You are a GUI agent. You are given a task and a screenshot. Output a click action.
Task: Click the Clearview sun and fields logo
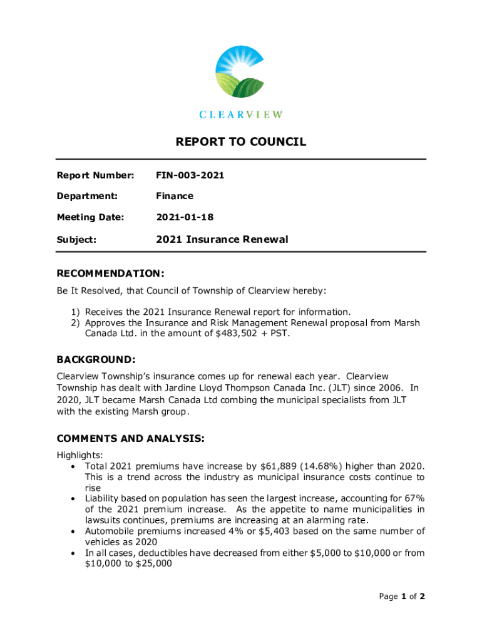point(241,71)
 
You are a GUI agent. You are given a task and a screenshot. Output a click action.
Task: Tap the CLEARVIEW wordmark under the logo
point(241,115)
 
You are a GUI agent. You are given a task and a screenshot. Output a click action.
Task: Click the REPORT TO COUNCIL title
point(241,142)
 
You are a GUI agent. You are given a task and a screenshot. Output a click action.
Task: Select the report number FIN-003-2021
point(190,175)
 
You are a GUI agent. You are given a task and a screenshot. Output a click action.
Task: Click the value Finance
point(175,196)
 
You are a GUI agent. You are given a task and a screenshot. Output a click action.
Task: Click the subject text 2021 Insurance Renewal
point(222,239)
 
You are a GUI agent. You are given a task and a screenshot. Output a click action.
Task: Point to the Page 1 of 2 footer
point(402,597)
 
